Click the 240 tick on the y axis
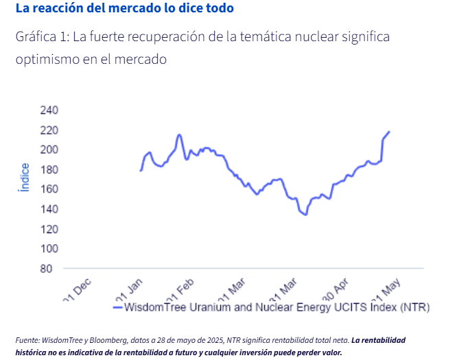click(50, 110)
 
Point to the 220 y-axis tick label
click(50, 130)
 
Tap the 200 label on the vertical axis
click(50, 149)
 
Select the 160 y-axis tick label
click(50, 189)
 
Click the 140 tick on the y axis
click(50, 209)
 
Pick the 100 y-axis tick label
click(50, 248)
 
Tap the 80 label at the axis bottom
click(53, 268)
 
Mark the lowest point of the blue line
click(305, 215)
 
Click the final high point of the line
click(389, 132)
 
